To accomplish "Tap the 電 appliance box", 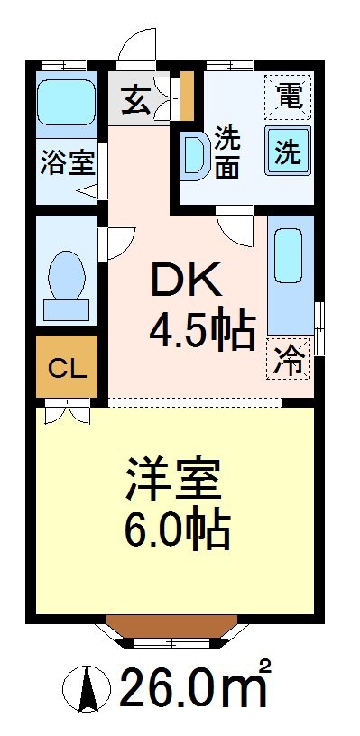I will pyautogui.click(x=288, y=96).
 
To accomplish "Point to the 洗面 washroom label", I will pyautogui.click(x=228, y=154).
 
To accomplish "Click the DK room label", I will pyautogui.click(x=185, y=283).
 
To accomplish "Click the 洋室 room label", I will pyautogui.click(x=175, y=483).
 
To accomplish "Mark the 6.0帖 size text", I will pyautogui.click(x=178, y=531).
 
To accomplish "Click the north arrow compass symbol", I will pyautogui.click(x=89, y=690).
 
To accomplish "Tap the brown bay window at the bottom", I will pyautogui.click(x=173, y=629).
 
